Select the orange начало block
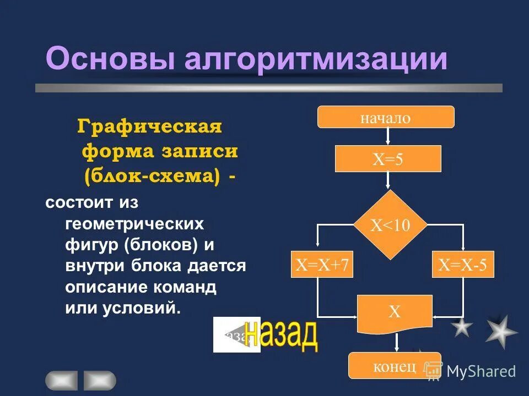pyautogui.click(x=386, y=117)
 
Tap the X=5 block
pyautogui.click(x=388, y=159)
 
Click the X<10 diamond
pyautogui.click(x=390, y=225)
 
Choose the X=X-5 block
pyautogui.click(x=463, y=266)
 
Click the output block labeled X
pyautogui.click(x=395, y=313)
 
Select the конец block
pyautogui.click(x=394, y=366)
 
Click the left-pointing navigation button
pyautogui.click(x=61, y=380)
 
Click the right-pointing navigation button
pyautogui.click(x=100, y=380)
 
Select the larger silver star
pyautogui.click(x=500, y=331)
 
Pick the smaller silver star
pyautogui.click(x=462, y=327)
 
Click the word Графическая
pyautogui.click(x=149, y=127)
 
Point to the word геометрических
pyautogui.click(x=134, y=224)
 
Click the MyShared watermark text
pyautogui.click(x=481, y=371)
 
